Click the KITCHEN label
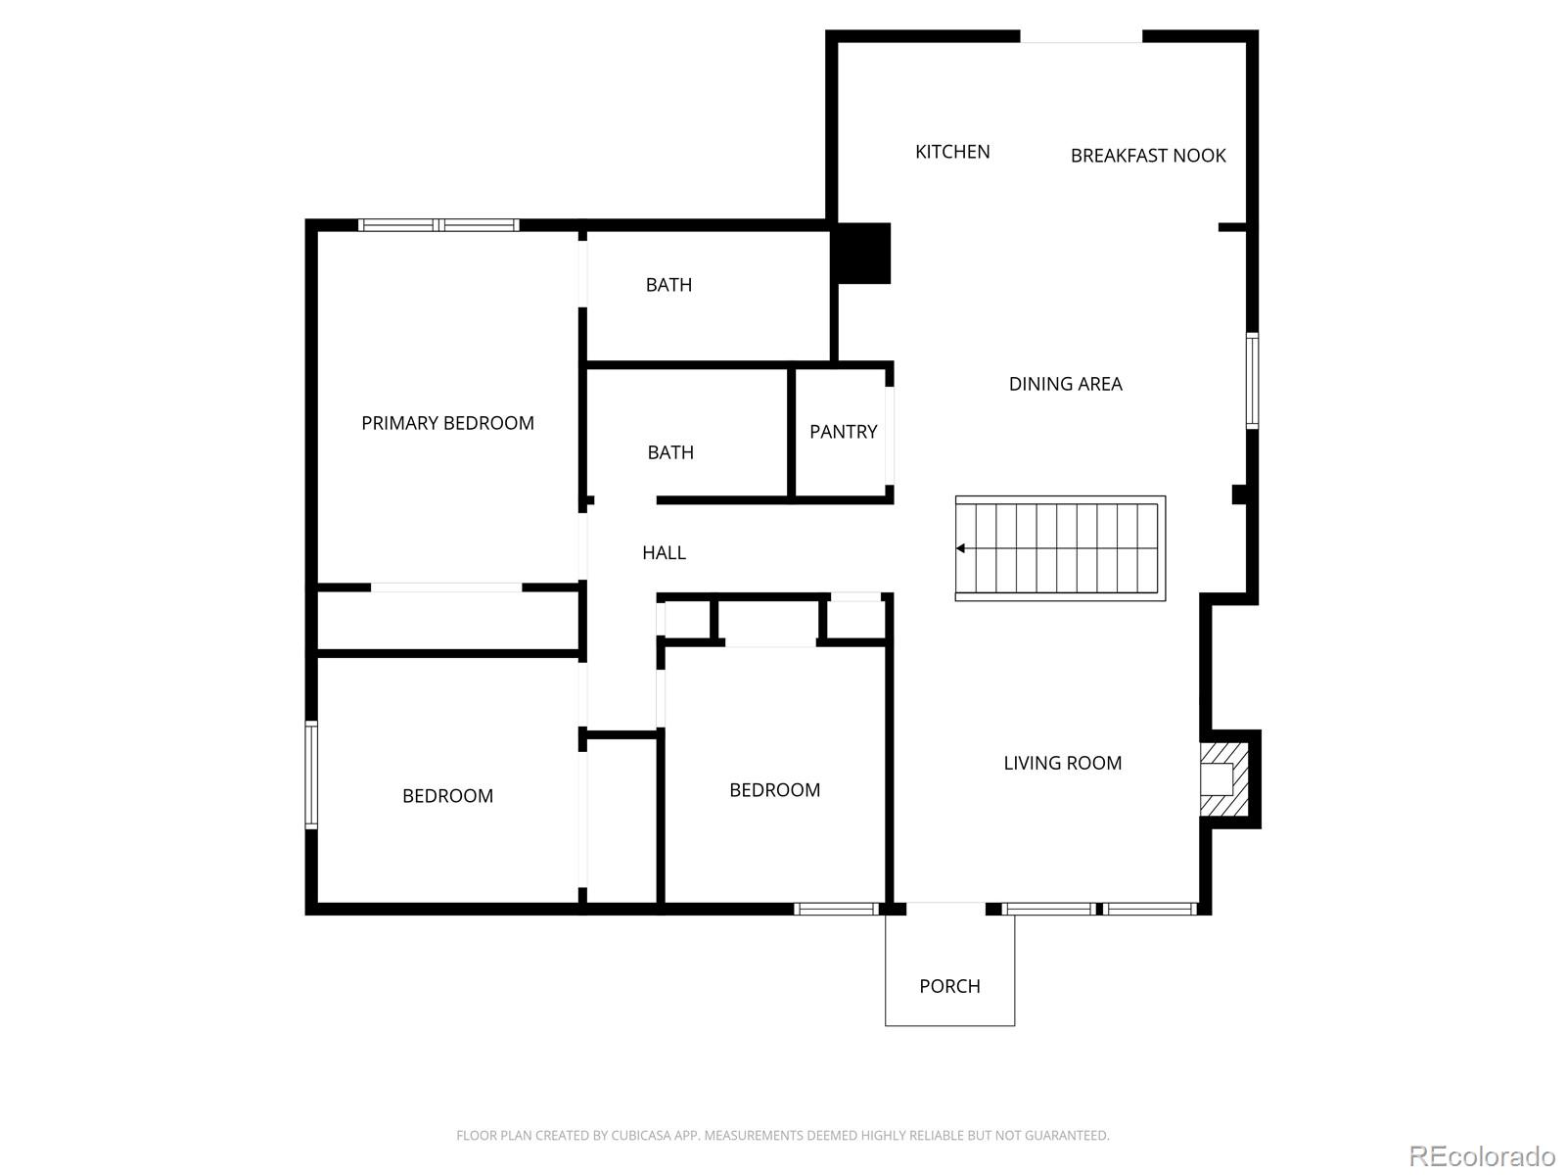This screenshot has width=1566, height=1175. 952,152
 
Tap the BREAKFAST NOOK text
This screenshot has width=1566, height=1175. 1148,156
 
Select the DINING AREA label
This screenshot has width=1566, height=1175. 1065,384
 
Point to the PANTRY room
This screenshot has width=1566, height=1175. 843,432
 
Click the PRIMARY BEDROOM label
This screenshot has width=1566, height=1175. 447,423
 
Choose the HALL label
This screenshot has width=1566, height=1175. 664,553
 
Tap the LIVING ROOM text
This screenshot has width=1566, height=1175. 1062,763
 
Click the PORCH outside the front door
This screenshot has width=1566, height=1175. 949,986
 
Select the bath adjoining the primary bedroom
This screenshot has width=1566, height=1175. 668,285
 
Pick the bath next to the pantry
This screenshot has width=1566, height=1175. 670,452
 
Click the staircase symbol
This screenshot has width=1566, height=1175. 1060,548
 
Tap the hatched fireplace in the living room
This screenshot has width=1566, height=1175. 1224,779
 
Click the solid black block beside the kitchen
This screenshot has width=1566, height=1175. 862,254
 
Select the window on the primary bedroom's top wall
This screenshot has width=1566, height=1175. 438,225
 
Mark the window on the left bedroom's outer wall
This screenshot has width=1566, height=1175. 311,775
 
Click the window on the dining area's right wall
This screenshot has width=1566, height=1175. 1252,381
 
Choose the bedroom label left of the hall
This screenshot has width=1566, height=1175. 447,796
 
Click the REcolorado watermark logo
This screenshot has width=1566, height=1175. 1482,1155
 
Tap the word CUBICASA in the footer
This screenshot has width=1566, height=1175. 639,1136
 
